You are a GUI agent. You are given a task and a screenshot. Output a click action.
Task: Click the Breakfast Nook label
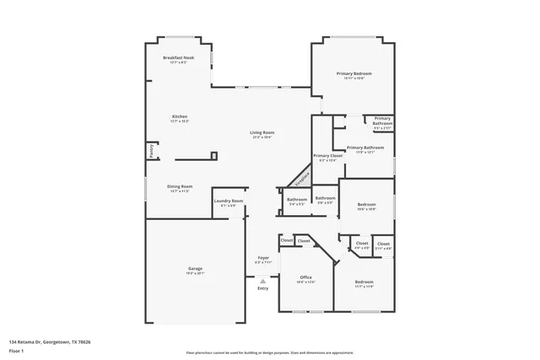pyautogui.click(x=178, y=57)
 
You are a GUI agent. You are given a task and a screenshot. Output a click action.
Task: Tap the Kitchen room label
pyautogui.click(x=179, y=116)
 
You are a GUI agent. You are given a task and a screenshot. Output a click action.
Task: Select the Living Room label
pyautogui.click(x=262, y=132)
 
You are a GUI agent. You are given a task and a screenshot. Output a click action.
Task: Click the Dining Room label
pyautogui.click(x=179, y=186)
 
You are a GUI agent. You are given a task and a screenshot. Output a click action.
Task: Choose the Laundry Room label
pyautogui.click(x=228, y=201)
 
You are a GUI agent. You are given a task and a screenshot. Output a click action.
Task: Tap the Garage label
pyautogui.click(x=194, y=269)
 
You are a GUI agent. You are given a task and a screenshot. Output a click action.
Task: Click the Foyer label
pyautogui.click(x=263, y=257)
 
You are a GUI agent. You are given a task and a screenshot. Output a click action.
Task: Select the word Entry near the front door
pyautogui.click(x=263, y=288)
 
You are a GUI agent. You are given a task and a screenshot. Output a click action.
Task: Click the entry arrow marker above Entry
pyautogui.click(x=263, y=280)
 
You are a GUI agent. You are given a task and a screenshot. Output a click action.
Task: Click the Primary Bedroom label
pyautogui.click(x=354, y=74)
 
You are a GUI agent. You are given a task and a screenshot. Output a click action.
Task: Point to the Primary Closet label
pyautogui.click(x=327, y=156)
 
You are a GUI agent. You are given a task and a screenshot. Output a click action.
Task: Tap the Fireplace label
pyautogui.click(x=301, y=178)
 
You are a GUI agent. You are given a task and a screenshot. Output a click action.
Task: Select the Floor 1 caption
pyautogui.click(x=16, y=349)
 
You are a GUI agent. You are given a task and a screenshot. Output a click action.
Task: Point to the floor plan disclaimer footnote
pyautogui.click(x=269, y=353)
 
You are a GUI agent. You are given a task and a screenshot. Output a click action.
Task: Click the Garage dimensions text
pyautogui.click(x=194, y=273)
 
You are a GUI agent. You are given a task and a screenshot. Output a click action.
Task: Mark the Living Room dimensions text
pyautogui.click(x=262, y=137)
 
